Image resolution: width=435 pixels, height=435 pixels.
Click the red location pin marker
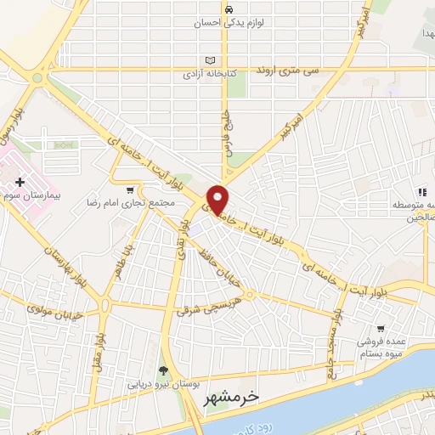pyautogui.click(x=218, y=199)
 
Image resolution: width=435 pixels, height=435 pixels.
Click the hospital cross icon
pyautogui.click(x=20, y=183)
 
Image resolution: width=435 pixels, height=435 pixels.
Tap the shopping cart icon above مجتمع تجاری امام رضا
pyautogui.click(x=129, y=190)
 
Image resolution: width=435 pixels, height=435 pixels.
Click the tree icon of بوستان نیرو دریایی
pyautogui.click(x=162, y=370)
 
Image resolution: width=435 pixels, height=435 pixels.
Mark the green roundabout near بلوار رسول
pyautogui.click(x=38, y=79)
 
